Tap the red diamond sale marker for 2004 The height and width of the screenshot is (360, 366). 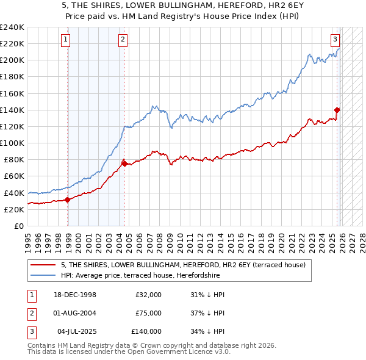pyautogui.click(x=124, y=164)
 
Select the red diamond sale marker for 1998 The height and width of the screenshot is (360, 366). pyautogui.click(x=68, y=199)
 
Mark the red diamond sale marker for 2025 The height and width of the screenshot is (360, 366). pyautogui.click(x=337, y=110)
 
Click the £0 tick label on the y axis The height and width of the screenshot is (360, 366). pyautogui.click(x=18, y=226)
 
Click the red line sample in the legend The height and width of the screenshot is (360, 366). pyautogui.click(x=44, y=265)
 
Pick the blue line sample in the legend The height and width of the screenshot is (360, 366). pyautogui.click(x=44, y=275)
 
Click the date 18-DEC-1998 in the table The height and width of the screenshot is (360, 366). pyautogui.click(x=75, y=295)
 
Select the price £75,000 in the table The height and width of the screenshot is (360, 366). pyautogui.click(x=148, y=313)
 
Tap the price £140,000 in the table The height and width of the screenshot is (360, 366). pyautogui.click(x=146, y=331)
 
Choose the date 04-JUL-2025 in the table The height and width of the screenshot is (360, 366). pyautogui.click(x=76, y=331)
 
